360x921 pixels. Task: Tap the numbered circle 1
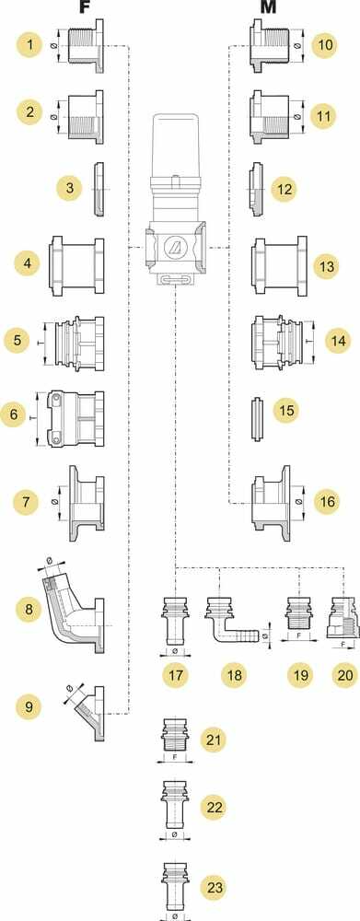click(x=30, y=45)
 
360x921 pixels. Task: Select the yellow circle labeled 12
click(x=284, y=189)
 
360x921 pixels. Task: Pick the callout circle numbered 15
click(x=286, y=410)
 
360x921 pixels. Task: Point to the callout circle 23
click(x=215, y=887)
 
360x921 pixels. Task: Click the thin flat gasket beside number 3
click(x=99, y=189)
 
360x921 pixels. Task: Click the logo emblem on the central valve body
click(x=175, y=248)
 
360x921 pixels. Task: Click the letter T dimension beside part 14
click(x=310, y=342)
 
